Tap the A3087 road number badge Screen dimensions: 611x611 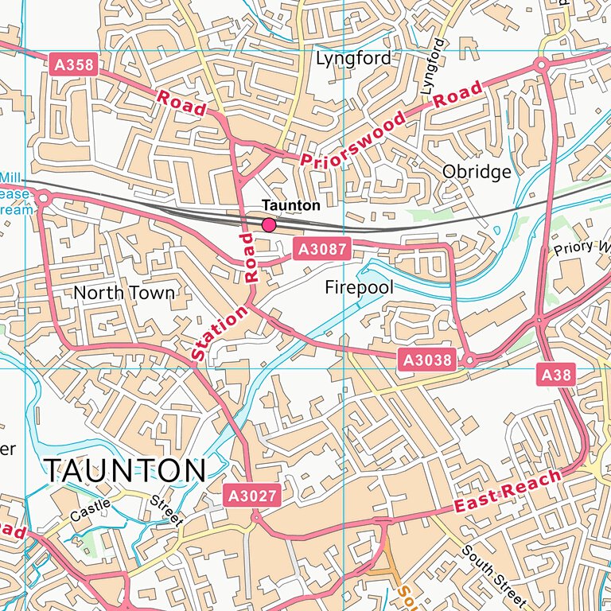click(321, 250)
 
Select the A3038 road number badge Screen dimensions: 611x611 click(427, 360)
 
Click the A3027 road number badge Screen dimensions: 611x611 click(252, 496)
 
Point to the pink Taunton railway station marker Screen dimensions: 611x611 click(269, 225)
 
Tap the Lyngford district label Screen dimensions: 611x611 click(353, 58)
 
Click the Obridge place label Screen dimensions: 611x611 click(477, 172)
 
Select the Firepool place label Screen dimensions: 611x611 click(360, 287)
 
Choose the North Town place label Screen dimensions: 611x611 click(123, 293)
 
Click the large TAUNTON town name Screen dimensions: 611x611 click(125, 471)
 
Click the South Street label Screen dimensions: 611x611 click(492, 571)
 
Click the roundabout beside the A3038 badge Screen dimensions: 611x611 click(469, 360)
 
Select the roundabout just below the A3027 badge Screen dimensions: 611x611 click(256, 517)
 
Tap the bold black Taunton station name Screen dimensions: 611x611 click(291, 205)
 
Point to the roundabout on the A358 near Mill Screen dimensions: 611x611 click(42, 197)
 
